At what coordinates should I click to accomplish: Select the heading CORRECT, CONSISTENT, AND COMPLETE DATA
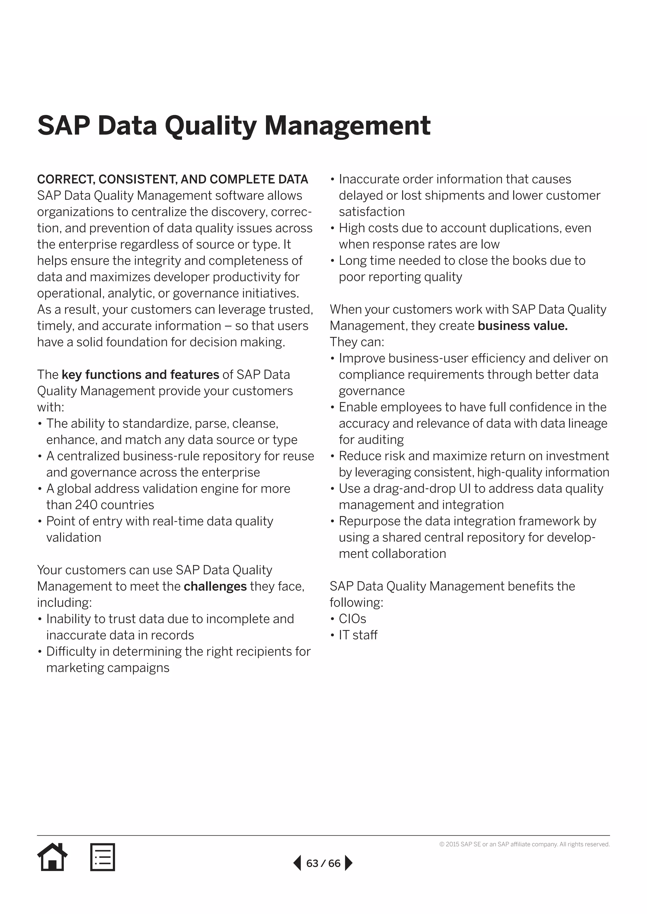pyautogui.click(x=172, y=180)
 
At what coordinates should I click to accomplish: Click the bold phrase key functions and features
pyautogui.click(x=140, y=375)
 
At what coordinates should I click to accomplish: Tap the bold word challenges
pyautogui.click(x=215, y=586)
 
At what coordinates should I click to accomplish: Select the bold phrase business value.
pyautogui.click(x=522, y=326)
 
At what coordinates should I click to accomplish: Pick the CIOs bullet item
pyautogui.click(x=352, y=619)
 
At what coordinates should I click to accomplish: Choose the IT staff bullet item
pyautogui.click(x=358, y=635)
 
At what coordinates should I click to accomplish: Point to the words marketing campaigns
pyautogui.click(x=107, y=668)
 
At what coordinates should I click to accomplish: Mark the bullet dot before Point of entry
pyautogui.click(x=40, y=521)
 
